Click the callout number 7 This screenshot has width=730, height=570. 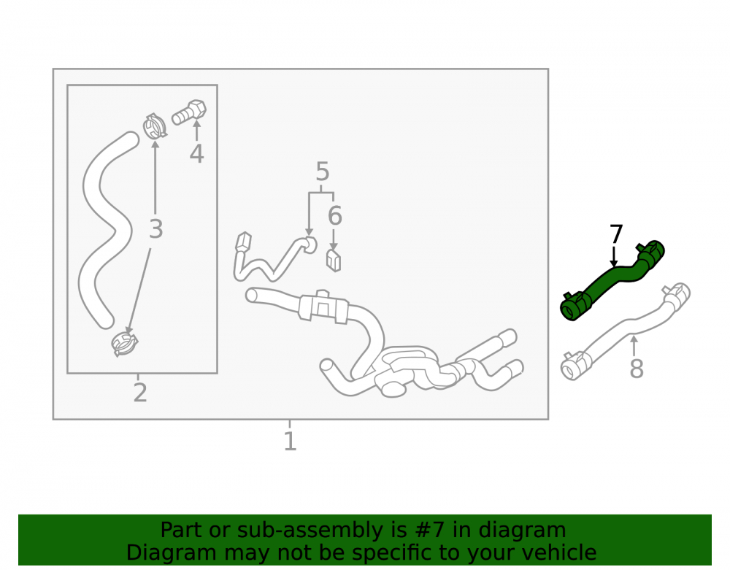tap(616, 234)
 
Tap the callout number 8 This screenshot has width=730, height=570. tap(637, 368)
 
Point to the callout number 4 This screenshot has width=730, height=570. tap(196, 154)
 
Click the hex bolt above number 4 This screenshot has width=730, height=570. tap(190, 112)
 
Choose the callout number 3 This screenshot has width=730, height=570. tap(156, 229)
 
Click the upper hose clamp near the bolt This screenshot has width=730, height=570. tap(155, 126)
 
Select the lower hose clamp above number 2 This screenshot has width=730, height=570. tap(125, 343)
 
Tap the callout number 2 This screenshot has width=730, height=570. tap(140, 393)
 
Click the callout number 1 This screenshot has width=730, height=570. tap(290, 441)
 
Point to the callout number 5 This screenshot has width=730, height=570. tap(322, 172)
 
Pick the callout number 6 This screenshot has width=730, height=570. tap(335, 215)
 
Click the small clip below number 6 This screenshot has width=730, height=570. tap(334, 261)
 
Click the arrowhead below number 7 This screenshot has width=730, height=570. tap(614, 263)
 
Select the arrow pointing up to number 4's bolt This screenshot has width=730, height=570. tap(197, 131)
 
